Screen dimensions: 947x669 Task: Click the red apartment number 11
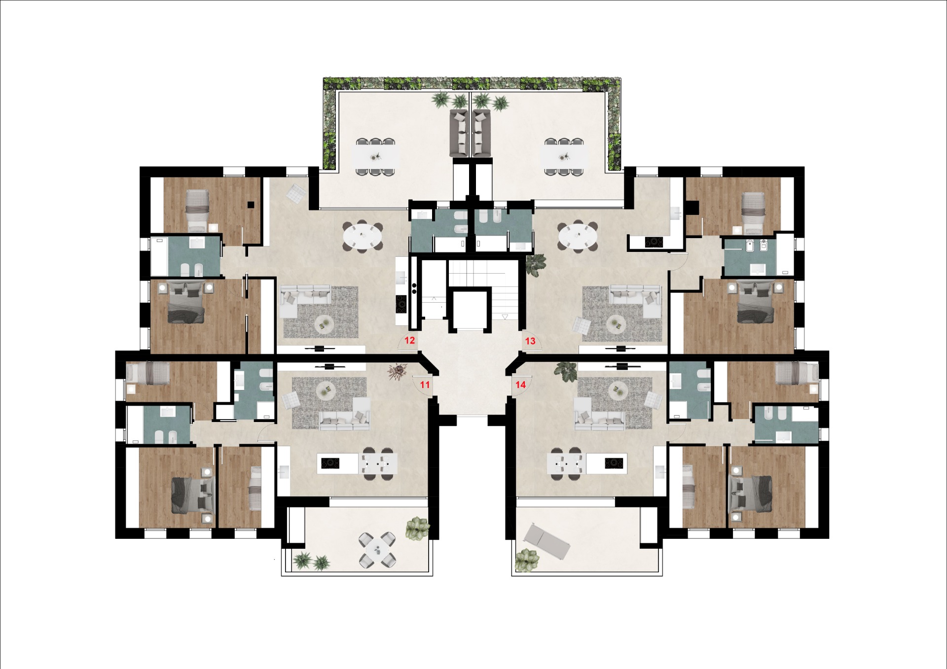click(425, 385)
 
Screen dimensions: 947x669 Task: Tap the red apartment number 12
click(409, 340)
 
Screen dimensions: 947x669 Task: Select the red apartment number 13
click(530, 341)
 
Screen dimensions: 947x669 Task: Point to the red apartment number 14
click(520, 385)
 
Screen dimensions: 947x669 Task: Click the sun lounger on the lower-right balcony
click(547, 542)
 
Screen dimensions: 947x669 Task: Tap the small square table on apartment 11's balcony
click(377, 549)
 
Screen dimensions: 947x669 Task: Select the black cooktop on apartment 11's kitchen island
click(330, 463)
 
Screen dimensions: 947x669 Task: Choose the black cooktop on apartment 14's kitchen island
click(614, 463)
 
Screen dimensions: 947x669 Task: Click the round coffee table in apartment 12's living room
click(325, 324)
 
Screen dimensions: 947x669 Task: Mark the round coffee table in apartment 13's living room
click(616, 324)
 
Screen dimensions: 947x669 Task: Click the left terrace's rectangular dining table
click(376, 157)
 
